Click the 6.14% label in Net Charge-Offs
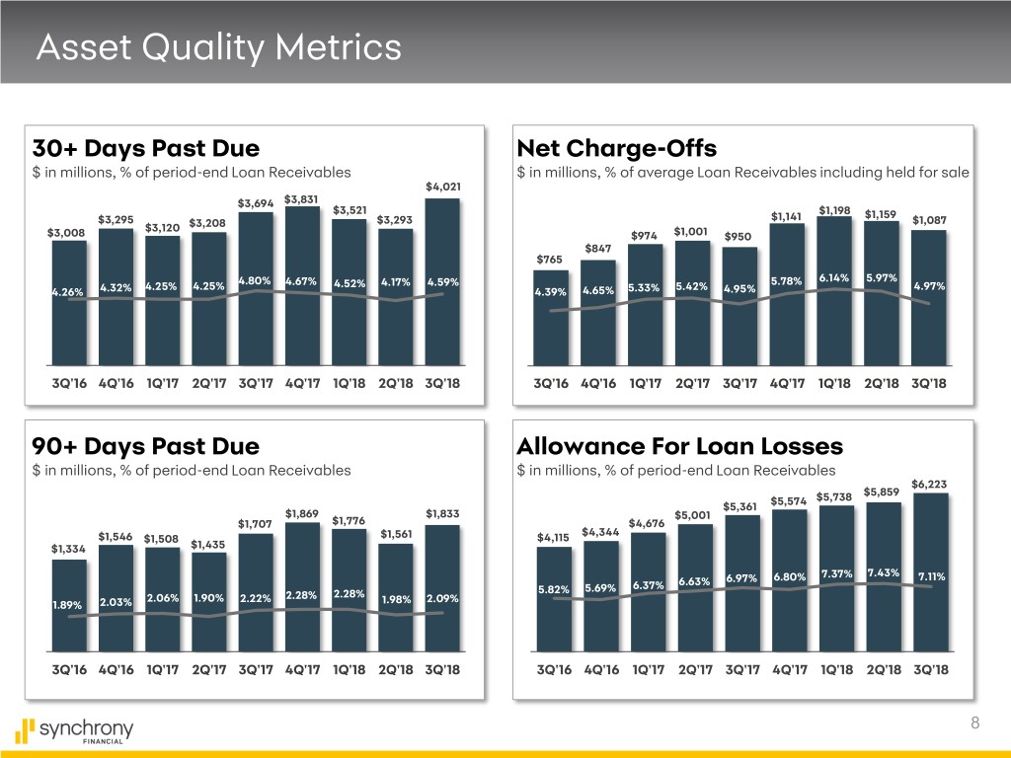(835, 277)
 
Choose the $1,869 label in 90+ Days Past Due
(301, 513)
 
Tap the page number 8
(974, 723)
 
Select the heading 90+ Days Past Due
(146, 445)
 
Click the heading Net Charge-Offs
(616, 149)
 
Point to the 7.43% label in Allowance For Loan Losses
(883, 573)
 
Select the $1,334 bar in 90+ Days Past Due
(69, 607)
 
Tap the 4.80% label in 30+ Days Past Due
(254, 280)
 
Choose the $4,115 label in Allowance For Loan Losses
(552, 538)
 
